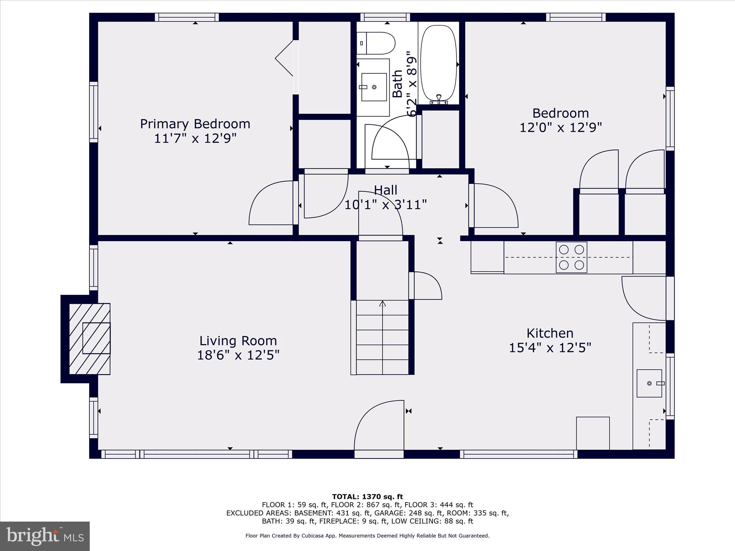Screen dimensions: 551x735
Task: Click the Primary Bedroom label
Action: (x=195, y=124)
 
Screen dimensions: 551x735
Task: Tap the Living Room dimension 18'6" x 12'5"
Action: (x=238, y=355)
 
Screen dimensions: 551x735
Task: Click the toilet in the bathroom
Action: (x=376, y=43)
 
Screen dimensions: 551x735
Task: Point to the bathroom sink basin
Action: (x=374, y=87)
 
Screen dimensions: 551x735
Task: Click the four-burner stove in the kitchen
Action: (x=571, y=257)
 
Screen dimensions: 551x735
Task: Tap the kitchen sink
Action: (x=649, y=383)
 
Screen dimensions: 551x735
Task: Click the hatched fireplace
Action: (x=89, y=339)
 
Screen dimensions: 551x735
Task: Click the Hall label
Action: (x=385, y=190)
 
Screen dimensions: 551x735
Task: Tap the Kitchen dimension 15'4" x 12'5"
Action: (x=550, y=348)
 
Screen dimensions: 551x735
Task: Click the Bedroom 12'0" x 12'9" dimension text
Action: (x=560, y=127)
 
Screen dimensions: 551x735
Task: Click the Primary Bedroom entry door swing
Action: (x=272, y=203)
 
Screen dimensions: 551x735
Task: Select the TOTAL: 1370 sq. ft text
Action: (x=367, y=497)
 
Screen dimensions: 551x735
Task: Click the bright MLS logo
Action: (x=45, y=536)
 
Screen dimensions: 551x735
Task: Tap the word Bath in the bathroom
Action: (x=397, y=84)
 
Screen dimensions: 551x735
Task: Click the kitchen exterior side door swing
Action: (x=644, y=298)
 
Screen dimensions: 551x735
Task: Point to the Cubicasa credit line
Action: (x=367, y=536)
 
